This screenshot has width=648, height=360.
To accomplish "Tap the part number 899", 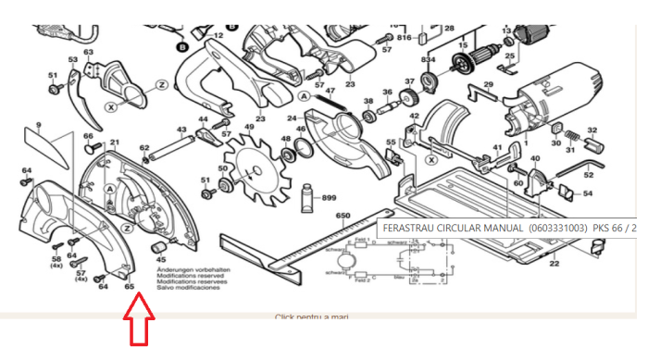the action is coord(329,197).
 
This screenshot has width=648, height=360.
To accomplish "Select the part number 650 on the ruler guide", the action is coord(343,216).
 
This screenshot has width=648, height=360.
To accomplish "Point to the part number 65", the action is coord(130,286).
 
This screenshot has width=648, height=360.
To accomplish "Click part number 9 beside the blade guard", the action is coord(39,125).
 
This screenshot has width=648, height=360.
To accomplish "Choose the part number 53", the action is coord(73,60).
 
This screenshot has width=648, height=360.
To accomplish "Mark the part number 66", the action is coord(89,136).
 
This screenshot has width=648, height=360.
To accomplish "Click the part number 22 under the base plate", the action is coord(554,264).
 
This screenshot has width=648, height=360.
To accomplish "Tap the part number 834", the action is coord(428,59).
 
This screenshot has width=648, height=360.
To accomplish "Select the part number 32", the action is coord(592,130).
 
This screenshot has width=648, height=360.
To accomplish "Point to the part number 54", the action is coord(588,193).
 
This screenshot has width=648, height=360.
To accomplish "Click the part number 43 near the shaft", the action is coord(181,130).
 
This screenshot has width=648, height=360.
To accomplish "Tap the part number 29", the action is coord(488,85).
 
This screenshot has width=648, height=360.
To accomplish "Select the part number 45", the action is coord(161,260).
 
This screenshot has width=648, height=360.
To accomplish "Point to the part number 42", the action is coord(414,116).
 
